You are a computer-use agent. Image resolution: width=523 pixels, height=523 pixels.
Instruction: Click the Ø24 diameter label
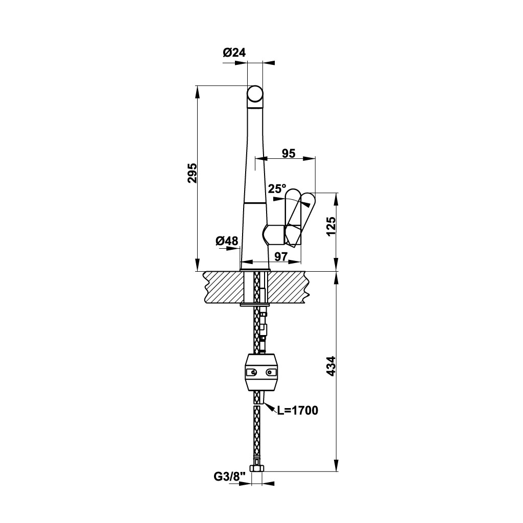pos(234,52)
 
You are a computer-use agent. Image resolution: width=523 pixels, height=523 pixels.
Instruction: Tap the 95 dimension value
pos(289,153)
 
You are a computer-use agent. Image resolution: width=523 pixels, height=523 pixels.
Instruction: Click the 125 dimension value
pos(330,228)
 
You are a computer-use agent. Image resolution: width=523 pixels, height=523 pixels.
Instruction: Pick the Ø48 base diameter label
pos(227,241)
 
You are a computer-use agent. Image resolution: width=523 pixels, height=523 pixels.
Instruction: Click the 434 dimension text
pos(330,366)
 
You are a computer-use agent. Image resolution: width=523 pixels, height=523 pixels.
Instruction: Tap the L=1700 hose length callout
pos(297,411)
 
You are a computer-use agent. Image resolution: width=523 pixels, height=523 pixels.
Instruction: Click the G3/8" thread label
pos(230,477)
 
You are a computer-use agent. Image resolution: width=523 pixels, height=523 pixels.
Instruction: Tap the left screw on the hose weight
pos(251,373)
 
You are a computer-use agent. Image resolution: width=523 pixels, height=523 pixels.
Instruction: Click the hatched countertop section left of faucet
pos(223,287)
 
